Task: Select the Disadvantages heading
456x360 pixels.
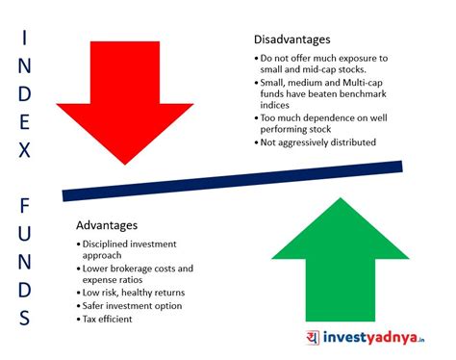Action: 292,39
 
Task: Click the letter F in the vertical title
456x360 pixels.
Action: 26,206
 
